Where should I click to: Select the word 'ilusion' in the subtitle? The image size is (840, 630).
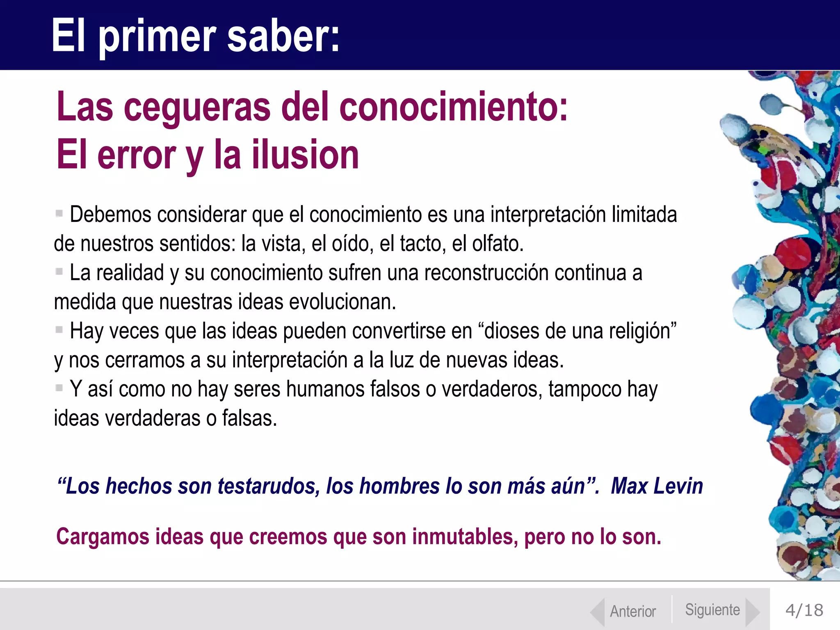305,155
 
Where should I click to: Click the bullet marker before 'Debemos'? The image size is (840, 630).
59,213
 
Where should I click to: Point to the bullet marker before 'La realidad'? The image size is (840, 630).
59,272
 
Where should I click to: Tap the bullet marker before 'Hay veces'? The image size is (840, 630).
59,330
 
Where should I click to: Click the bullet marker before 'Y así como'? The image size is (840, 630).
59,388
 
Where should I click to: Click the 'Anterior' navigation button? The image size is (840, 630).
632,611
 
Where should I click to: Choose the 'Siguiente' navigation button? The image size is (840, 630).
712,610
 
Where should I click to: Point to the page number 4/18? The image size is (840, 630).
804,610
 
